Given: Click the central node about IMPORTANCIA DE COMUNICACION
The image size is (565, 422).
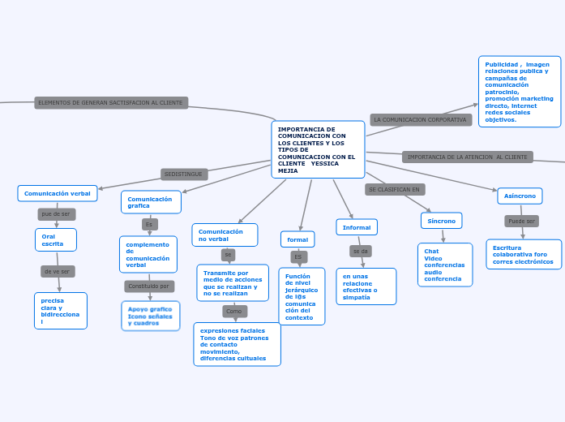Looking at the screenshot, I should tap(318, 149).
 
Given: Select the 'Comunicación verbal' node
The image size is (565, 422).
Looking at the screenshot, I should tap(58, 193).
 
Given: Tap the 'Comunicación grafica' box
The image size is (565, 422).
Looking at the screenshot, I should tap(151, 202).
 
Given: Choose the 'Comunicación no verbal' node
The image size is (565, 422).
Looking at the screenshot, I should tap(225, 235).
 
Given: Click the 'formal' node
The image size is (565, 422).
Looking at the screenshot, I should tap(297, 239).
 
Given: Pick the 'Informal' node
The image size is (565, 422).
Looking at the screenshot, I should tap(357, 227).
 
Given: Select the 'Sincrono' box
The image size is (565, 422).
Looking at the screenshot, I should tap(442, 221).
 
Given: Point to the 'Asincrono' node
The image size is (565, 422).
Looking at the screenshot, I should tap(520, 196).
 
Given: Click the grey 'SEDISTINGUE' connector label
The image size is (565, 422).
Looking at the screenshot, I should tap(185, 174).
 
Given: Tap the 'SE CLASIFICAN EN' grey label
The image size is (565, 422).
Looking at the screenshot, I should tap(395, 189).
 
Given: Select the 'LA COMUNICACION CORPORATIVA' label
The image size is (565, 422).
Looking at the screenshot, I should tap(421, 119).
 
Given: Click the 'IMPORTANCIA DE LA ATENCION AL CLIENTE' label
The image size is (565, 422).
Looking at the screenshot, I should tap(467, 157).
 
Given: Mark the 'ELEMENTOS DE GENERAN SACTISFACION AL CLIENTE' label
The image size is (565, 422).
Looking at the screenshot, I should tap(111, 103).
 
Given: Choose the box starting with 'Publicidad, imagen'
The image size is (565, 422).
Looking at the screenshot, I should tap(519, 92).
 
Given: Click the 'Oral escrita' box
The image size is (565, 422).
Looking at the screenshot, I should tap(56, 240).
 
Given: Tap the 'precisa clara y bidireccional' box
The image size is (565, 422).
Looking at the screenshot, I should tap(61, 311).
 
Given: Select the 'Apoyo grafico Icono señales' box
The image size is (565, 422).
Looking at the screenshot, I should tap(151, 316).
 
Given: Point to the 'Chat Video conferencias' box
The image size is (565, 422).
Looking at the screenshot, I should tap(445, 265).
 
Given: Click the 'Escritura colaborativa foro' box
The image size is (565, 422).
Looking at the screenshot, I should tap(524, 254).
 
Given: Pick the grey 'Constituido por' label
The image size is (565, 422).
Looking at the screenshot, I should tap(149, 286).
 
